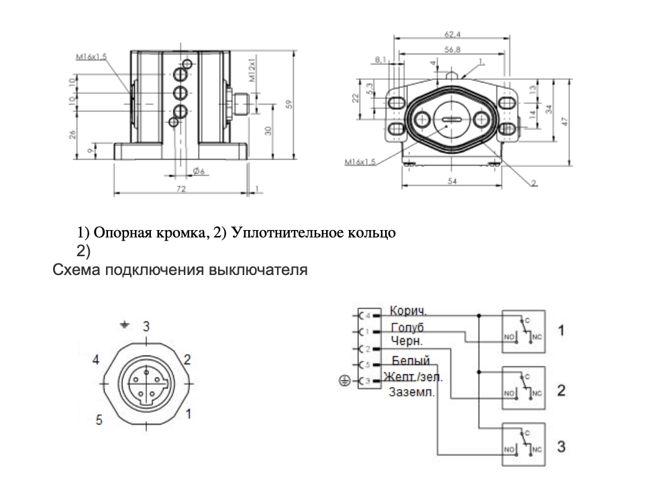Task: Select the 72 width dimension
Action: [181, 189]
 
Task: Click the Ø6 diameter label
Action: [199, 172]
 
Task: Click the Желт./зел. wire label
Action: [414, 378]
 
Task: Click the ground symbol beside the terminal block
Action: [344, 381]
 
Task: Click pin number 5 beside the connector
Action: [99, 420]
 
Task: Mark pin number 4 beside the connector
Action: [96, 360]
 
